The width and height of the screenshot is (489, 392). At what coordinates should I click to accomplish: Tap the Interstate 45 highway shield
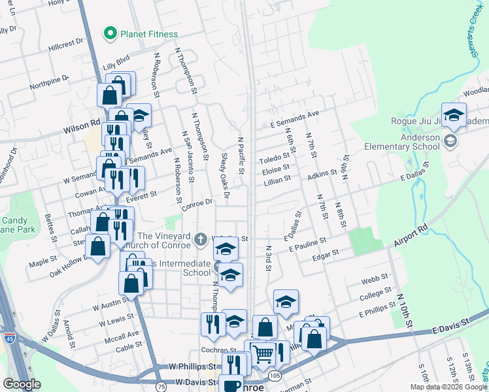(x=10, y=338)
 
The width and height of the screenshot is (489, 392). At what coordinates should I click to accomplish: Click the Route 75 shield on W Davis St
(x=161, y=383)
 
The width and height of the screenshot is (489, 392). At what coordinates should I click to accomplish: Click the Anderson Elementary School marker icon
(x=450, y=141)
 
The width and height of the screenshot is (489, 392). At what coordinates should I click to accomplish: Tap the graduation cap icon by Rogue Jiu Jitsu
(x=454, y=116)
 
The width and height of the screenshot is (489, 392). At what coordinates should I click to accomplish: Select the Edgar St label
(x=326, y=252)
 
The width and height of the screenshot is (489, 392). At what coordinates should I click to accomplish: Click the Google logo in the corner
(x=22, y=384)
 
